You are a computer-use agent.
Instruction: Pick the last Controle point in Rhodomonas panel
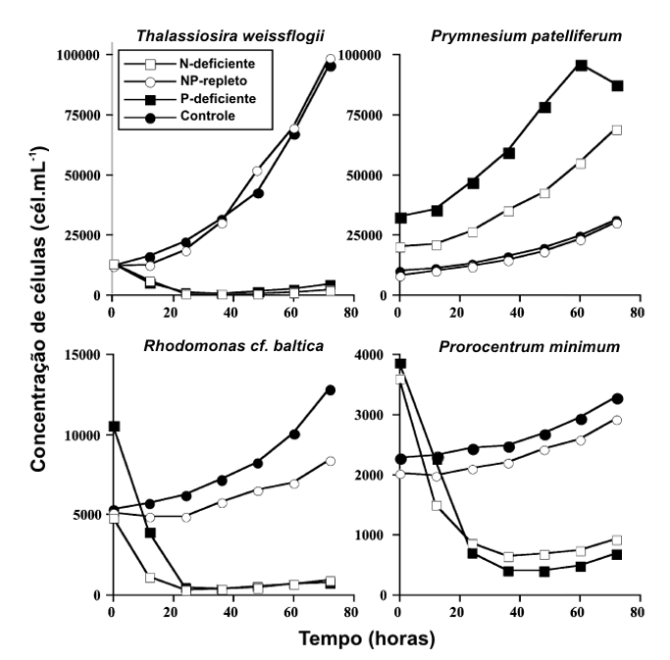(331, 389)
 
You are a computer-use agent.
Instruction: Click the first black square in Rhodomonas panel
(114, 427)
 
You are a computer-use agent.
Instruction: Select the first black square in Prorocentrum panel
(399, 364)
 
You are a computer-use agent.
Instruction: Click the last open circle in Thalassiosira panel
(331, 59)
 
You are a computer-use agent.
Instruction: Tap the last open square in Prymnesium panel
(617, 129)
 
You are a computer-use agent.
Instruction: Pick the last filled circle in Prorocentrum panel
(617, 398)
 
